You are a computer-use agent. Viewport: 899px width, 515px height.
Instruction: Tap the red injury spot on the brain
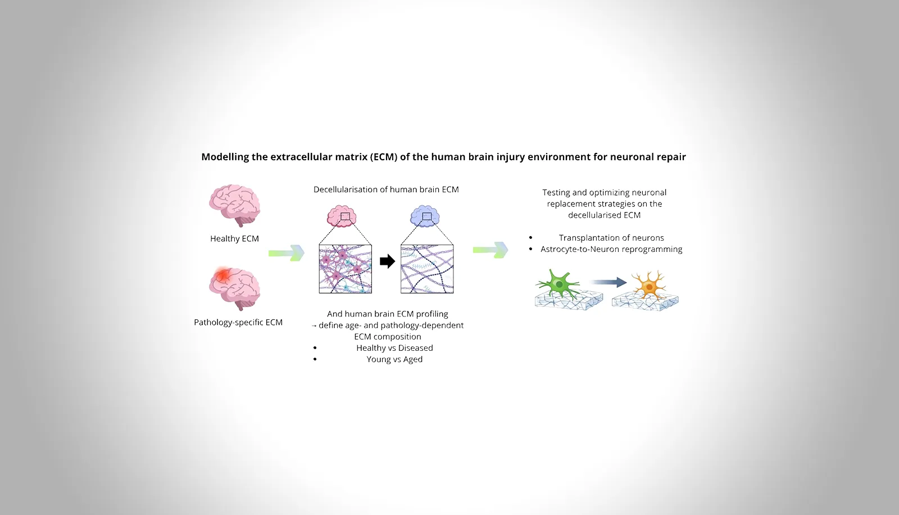[x=223, y=275]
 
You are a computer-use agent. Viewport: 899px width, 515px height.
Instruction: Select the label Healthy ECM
[x=234, y=238]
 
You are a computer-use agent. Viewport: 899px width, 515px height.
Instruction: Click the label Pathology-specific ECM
[x=238, y=322]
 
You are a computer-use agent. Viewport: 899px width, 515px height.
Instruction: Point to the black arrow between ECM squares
[x=387, y=261]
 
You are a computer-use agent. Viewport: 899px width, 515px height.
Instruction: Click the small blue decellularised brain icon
[x=425, y=216]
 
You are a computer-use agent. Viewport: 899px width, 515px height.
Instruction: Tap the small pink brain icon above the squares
[x=342, y=216]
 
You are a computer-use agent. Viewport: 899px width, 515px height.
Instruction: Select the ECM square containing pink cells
[x=345, y=269]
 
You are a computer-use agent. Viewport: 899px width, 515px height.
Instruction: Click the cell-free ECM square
[x=427, y=269]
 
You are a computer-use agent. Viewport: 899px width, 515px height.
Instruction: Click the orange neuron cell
[x=648, y=285]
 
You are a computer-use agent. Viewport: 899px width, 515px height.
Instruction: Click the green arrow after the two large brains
[x=287, y=253]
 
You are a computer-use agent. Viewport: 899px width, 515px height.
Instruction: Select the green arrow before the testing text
[x=491, y=250]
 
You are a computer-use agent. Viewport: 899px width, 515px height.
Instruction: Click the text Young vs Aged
[x=394, y=359]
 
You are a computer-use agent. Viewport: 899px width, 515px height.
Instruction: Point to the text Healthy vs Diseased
[x=394, y=348]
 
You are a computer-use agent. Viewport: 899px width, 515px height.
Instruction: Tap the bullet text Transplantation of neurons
[x=611, y=238]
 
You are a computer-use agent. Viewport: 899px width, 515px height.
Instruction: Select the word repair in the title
[x=671, y=157]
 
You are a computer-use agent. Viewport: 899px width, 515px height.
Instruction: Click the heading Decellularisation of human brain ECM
[x=386, y=189]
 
